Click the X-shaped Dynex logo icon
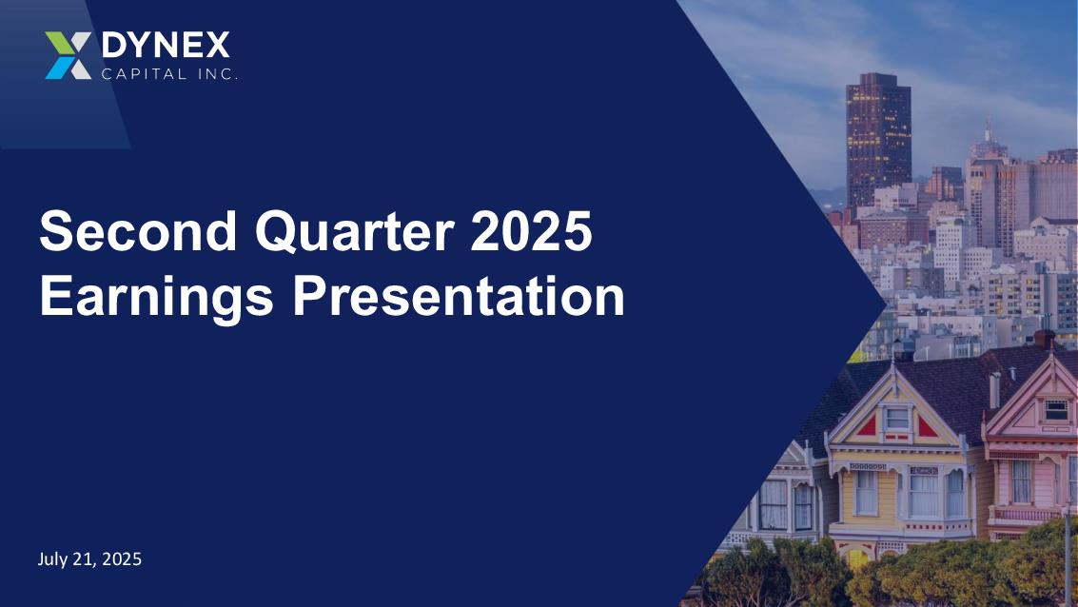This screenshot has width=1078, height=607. pos(69,55)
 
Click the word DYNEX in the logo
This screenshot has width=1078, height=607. pos(166,46)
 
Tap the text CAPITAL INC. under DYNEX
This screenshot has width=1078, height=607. pos(169,73)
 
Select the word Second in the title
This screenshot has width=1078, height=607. pos(138,230)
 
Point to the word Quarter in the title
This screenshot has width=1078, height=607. pos(355,231)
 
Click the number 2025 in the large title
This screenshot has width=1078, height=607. pos(532,230)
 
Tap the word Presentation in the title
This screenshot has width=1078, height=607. pos(459,296)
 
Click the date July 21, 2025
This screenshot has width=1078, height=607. pos(89,558)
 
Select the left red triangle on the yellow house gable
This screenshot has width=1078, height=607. pos(867,426)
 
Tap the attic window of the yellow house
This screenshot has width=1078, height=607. pos(896,418)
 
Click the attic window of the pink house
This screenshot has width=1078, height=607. pos(1055,410)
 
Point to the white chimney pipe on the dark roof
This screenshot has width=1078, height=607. pos(995,390)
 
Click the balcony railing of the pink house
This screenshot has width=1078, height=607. pos(1025,515)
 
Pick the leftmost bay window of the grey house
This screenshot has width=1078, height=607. pos(774,504)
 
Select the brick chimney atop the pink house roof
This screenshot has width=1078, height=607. pos(1045,338)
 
